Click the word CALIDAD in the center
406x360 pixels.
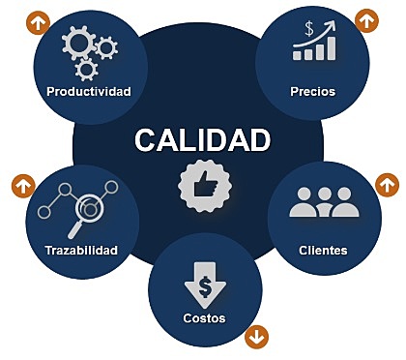202,140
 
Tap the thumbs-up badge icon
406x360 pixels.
204,186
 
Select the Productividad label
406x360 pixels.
89,92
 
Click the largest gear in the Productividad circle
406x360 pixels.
78,43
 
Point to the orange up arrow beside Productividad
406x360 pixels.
39,23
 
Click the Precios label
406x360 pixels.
313,92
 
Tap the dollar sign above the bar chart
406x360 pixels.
309,29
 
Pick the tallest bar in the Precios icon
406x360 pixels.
332,48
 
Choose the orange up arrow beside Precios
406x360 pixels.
366,20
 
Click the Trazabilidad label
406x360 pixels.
81,251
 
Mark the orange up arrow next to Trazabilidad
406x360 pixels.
23,186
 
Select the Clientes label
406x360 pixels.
323,251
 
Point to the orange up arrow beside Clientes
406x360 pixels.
388,185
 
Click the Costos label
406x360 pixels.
204,318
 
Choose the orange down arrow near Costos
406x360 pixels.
256,337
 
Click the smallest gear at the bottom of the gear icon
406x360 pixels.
86,70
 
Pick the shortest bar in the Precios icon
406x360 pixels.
297,55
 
